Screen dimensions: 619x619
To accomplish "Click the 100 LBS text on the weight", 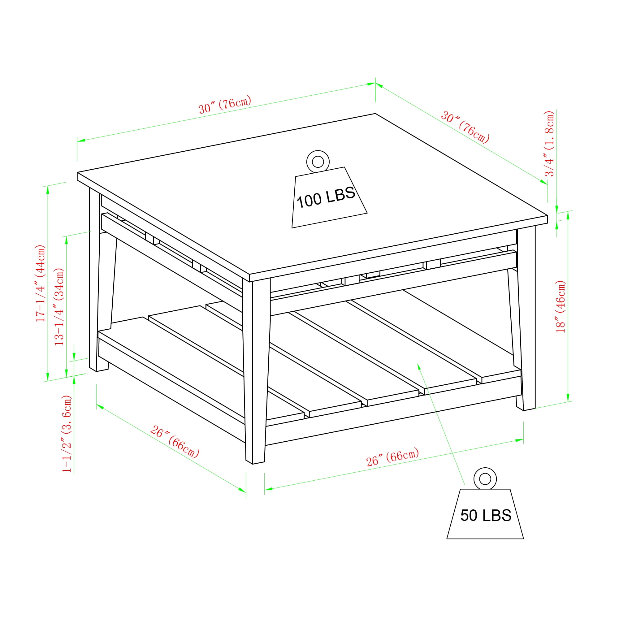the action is tap(326, 197).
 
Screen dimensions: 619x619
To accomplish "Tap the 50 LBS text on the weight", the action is tap(486, 516).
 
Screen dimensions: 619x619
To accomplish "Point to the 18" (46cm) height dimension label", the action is tap(561, 307).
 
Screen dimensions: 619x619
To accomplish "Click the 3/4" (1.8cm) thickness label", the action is tap(549, 144).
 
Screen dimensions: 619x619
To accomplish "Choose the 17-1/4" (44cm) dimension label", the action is tap(41, 284).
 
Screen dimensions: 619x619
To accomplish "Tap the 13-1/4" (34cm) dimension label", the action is tap(59, 307).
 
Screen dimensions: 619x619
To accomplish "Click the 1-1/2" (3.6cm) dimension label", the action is tap(67, 434).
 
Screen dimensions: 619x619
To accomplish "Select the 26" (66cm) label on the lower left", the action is tap(175, 442).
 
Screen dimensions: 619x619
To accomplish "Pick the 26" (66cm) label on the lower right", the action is tap(392, 457).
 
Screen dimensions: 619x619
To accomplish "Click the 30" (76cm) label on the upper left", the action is tap(225, 104).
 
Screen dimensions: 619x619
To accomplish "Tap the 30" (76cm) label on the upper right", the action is tap(465, 127).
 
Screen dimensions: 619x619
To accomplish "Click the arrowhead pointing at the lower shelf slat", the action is tap(418, 366).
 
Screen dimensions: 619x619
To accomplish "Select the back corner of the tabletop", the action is tap(375, 113).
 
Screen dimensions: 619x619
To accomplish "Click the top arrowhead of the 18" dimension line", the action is tap(568, 215).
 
